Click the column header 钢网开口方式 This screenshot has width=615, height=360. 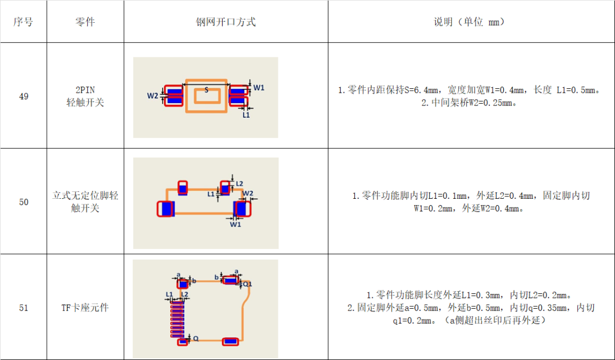click(x=225, y=22)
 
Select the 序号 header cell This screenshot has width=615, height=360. click(x=23, y=22)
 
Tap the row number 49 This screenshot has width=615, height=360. click(x=23, y=96)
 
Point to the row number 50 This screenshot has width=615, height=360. click(x=23, y=202)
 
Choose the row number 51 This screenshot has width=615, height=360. click(x=23, y=308)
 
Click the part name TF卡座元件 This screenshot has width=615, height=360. click(x=85, y=308)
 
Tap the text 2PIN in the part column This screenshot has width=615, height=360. click(x=85, y=90)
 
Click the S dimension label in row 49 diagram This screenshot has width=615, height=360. click(x=206, y=89)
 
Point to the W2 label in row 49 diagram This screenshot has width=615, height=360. click(x=152, y=95)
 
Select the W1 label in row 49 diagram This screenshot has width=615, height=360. click(x=259, y=87)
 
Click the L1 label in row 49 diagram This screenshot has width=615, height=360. click(x=246, y=114)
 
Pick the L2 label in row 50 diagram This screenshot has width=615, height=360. click(x=240, y=183)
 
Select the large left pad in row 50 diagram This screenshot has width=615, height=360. click(x=166, y=208)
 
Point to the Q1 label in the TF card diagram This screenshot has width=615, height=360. click(x=247, y=284)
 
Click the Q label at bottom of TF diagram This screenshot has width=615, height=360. click(x=195, y=338)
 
